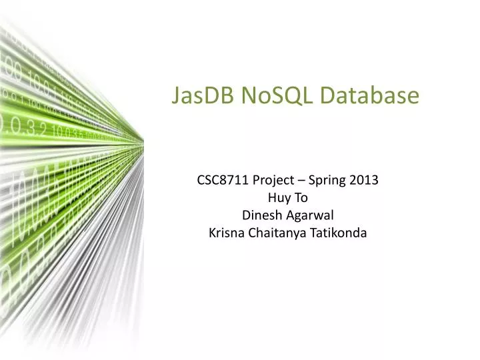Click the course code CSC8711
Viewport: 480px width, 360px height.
click(x=223, y=179)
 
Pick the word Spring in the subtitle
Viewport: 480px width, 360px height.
click(x=331, y=180)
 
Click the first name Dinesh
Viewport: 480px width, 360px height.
click(x=261, y=215)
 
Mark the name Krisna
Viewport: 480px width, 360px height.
click(x=227, y=233)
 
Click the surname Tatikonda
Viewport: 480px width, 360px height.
click(x=340, y=233)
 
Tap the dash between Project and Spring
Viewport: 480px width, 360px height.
click(x=302, y=180)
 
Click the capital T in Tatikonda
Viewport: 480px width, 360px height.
click(x=316, y=233)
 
